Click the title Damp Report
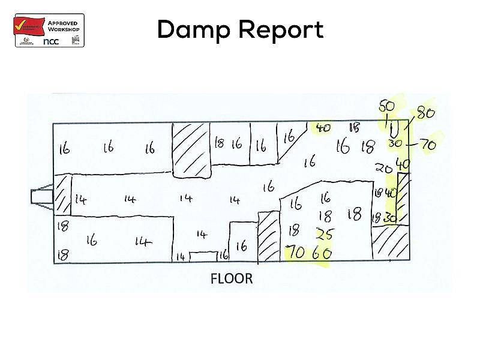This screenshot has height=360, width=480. (x=240, y=29)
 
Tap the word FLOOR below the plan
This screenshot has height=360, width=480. (x=232, y=279)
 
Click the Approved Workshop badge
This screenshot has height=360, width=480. (x=49, y=30)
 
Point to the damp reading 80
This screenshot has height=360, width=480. (x=425, y=112)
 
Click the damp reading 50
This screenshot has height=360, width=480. (x=387, y=106)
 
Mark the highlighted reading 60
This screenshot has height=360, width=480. (x=322, y=253)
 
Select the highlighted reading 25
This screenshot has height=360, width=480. (x=325, y=233)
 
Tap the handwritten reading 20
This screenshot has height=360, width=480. (x=383, y=167)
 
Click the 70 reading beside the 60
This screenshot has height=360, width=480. (x=295, y=253)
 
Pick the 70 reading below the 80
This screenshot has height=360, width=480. (x=428, y=145)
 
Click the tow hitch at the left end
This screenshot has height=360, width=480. (x=41, y=196)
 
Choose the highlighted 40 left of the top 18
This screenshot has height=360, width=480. (x=323, y=128)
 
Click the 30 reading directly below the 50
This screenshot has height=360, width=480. (x=394, y=143)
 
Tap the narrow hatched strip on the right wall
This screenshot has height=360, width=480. (x=403, y=198)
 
